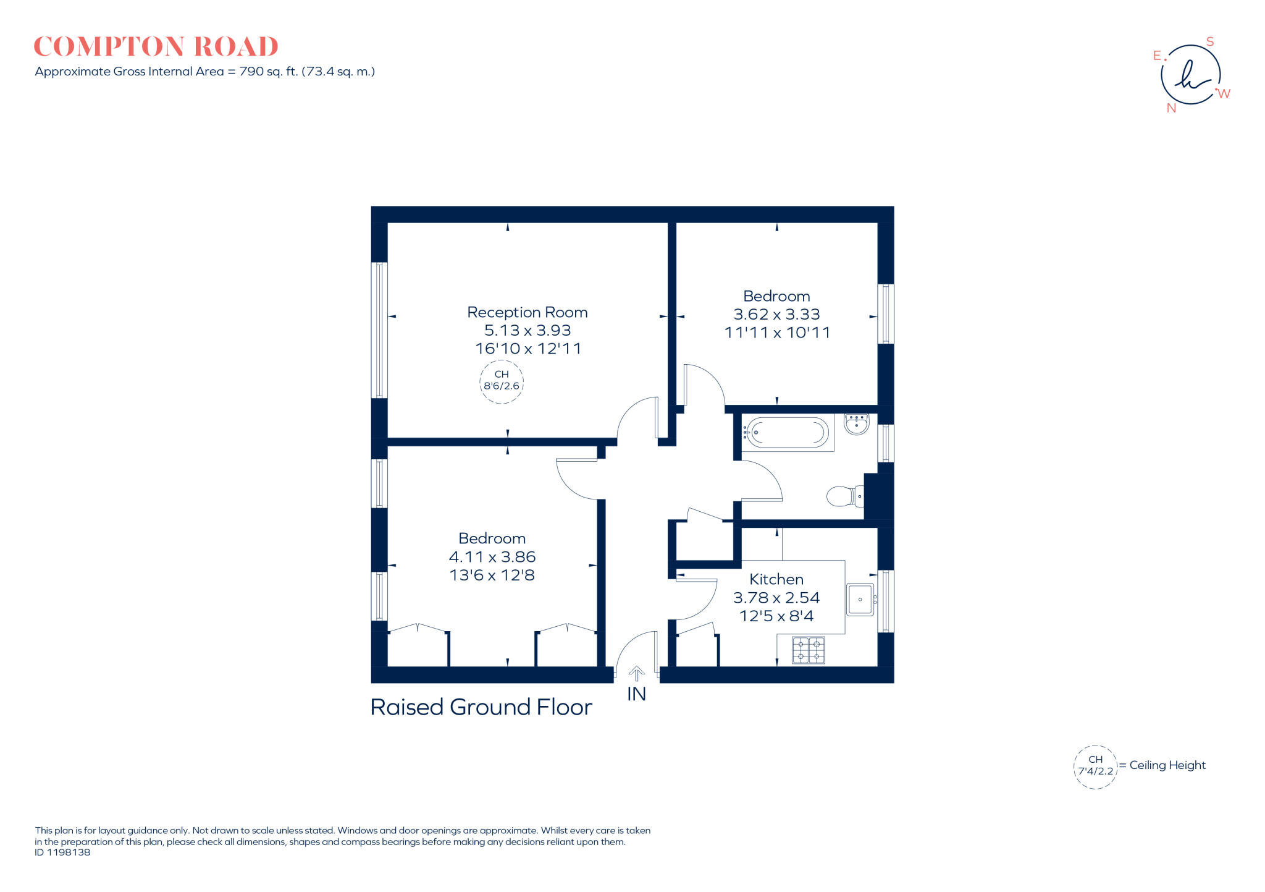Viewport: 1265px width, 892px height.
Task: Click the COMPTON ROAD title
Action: [x=156, y=47]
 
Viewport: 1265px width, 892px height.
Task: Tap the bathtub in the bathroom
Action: [x=786, y=432]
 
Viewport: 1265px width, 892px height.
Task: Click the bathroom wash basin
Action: [x=857, y=424]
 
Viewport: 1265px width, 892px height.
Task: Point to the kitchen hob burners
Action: [x=808, y=650]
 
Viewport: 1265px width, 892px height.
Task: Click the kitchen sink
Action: [x=860, y=599]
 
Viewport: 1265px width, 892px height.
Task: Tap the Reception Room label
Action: [x=527, y=312]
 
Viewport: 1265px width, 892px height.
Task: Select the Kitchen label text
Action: [x=776, y=579]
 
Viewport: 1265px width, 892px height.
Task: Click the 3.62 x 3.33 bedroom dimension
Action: [x=776, y=314]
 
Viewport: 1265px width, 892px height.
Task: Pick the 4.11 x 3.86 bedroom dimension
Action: [x=492, y=556]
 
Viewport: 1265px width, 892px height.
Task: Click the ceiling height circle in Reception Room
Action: [x=502, y=381]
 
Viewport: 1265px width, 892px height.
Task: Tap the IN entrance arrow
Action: [x=636, y=673]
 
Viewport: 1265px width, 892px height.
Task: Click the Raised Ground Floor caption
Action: [x=481, y=707]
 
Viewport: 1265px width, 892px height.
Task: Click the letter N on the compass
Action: [x=1171, y=108]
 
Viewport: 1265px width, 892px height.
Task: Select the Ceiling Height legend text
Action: [x=1167, y=765]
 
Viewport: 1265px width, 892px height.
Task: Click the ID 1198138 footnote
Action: [x=62, y=852]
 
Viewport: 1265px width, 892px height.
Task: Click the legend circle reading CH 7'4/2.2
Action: [x=1095, y=767]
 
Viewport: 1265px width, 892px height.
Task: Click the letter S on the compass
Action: [x=1210, y=42]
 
